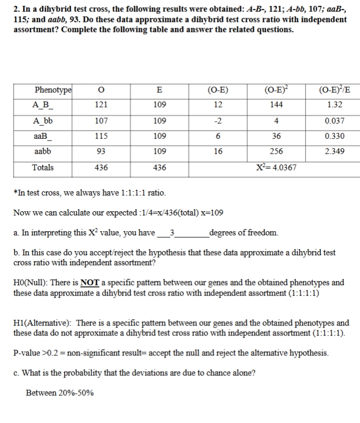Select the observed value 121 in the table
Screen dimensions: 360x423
102,104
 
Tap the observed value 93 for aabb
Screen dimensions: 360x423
102,152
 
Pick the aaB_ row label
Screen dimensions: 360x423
44,136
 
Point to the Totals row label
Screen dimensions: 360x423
43,168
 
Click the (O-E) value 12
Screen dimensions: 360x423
218,104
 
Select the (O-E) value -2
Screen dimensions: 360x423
218,121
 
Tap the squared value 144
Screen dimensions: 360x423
277,104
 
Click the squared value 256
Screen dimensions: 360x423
277,152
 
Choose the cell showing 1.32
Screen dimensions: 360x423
335,104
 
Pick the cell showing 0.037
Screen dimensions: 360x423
335,121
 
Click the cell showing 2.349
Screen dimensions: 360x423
335,152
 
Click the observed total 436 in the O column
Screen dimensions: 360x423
102,168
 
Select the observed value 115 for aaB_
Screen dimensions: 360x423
102,136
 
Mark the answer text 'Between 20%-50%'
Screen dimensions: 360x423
60,392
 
